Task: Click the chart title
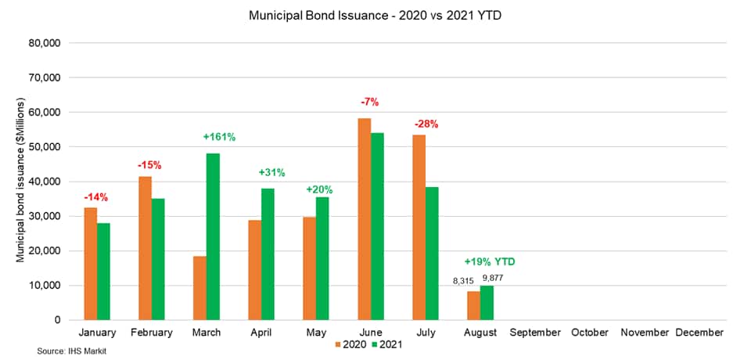tap(375, 15)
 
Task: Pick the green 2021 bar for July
tap(432, 254)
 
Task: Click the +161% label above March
tap(219, 137)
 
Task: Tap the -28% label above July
tap(426, 124)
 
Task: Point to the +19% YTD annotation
tap(490, 261)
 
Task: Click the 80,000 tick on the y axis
tap(45, 43)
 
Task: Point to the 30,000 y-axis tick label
tap(45, 216)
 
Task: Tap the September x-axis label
tap(535, 333)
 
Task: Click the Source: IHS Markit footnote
tap(71, 352)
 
